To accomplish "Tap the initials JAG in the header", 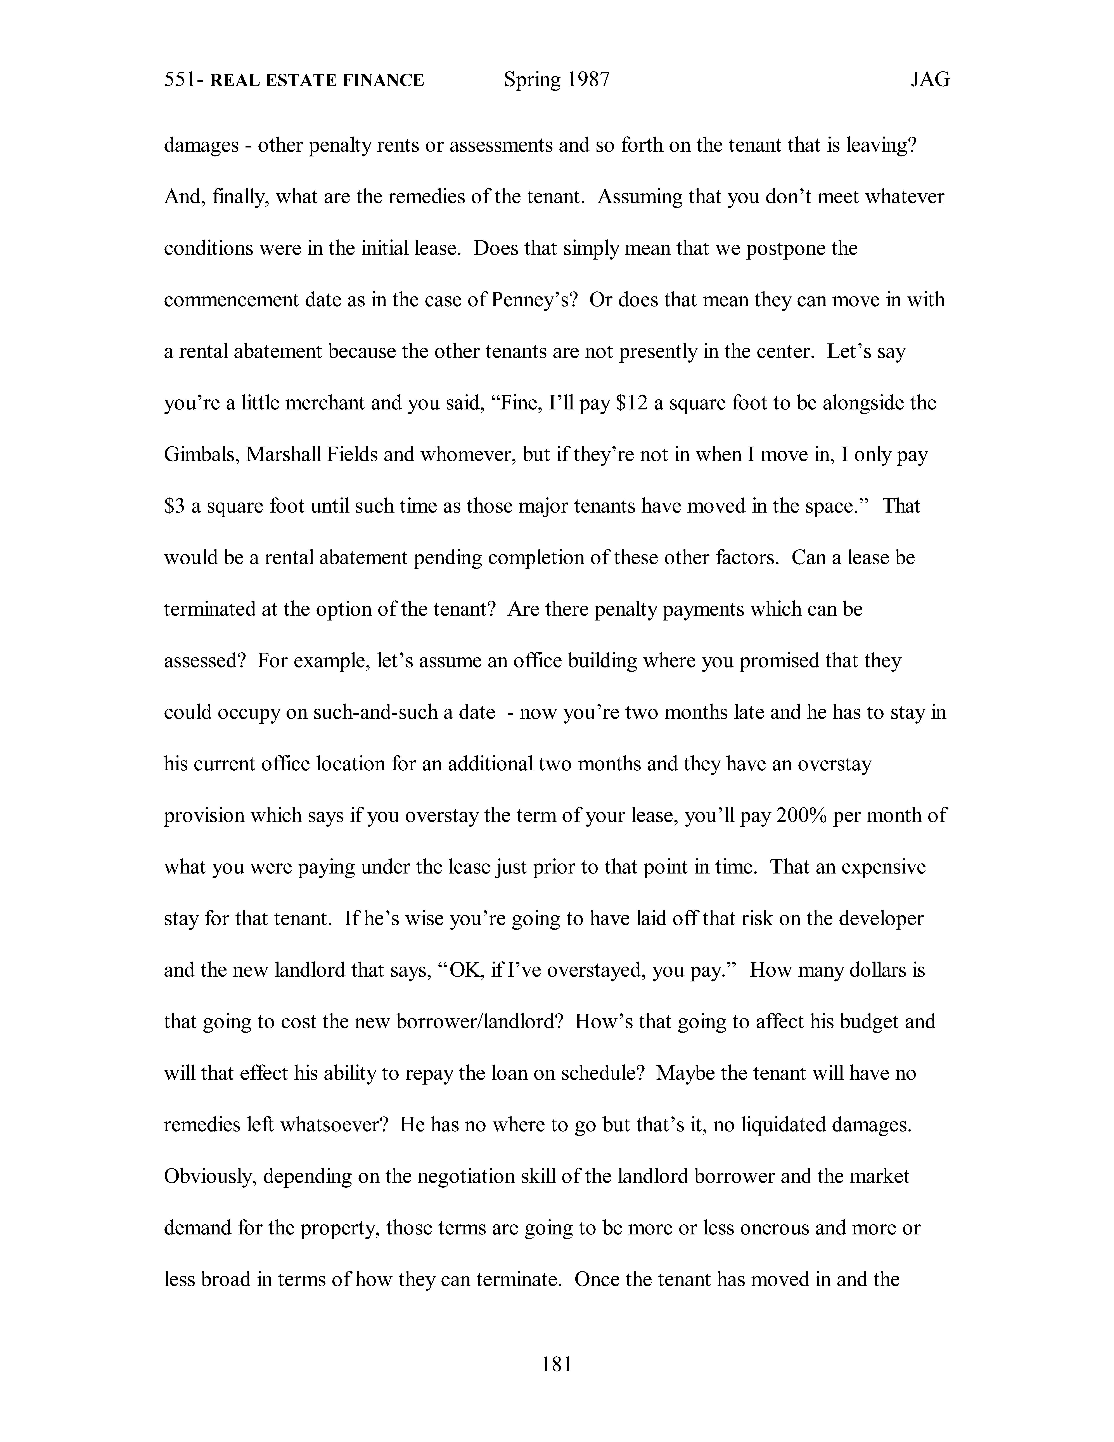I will pyautogui.click(x=930, y=80).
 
